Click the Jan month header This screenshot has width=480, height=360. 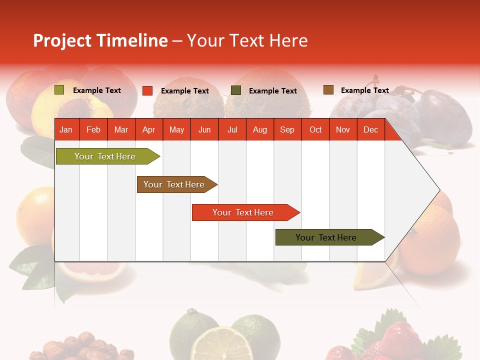66,130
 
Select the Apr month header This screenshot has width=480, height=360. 149,130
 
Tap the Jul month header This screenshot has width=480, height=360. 232,130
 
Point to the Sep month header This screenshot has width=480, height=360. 287,130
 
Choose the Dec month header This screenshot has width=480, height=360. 370,130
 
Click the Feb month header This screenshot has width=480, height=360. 93,130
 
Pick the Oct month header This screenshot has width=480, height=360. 315,130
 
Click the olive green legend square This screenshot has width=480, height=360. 59,90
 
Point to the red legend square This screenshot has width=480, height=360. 147,90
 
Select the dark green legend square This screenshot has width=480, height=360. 236,90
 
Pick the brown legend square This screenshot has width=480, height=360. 328,90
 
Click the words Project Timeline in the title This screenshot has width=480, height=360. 100,40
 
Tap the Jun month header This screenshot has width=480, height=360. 204,130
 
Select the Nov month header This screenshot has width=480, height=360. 343,130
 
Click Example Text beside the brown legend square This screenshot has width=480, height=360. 364,90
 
